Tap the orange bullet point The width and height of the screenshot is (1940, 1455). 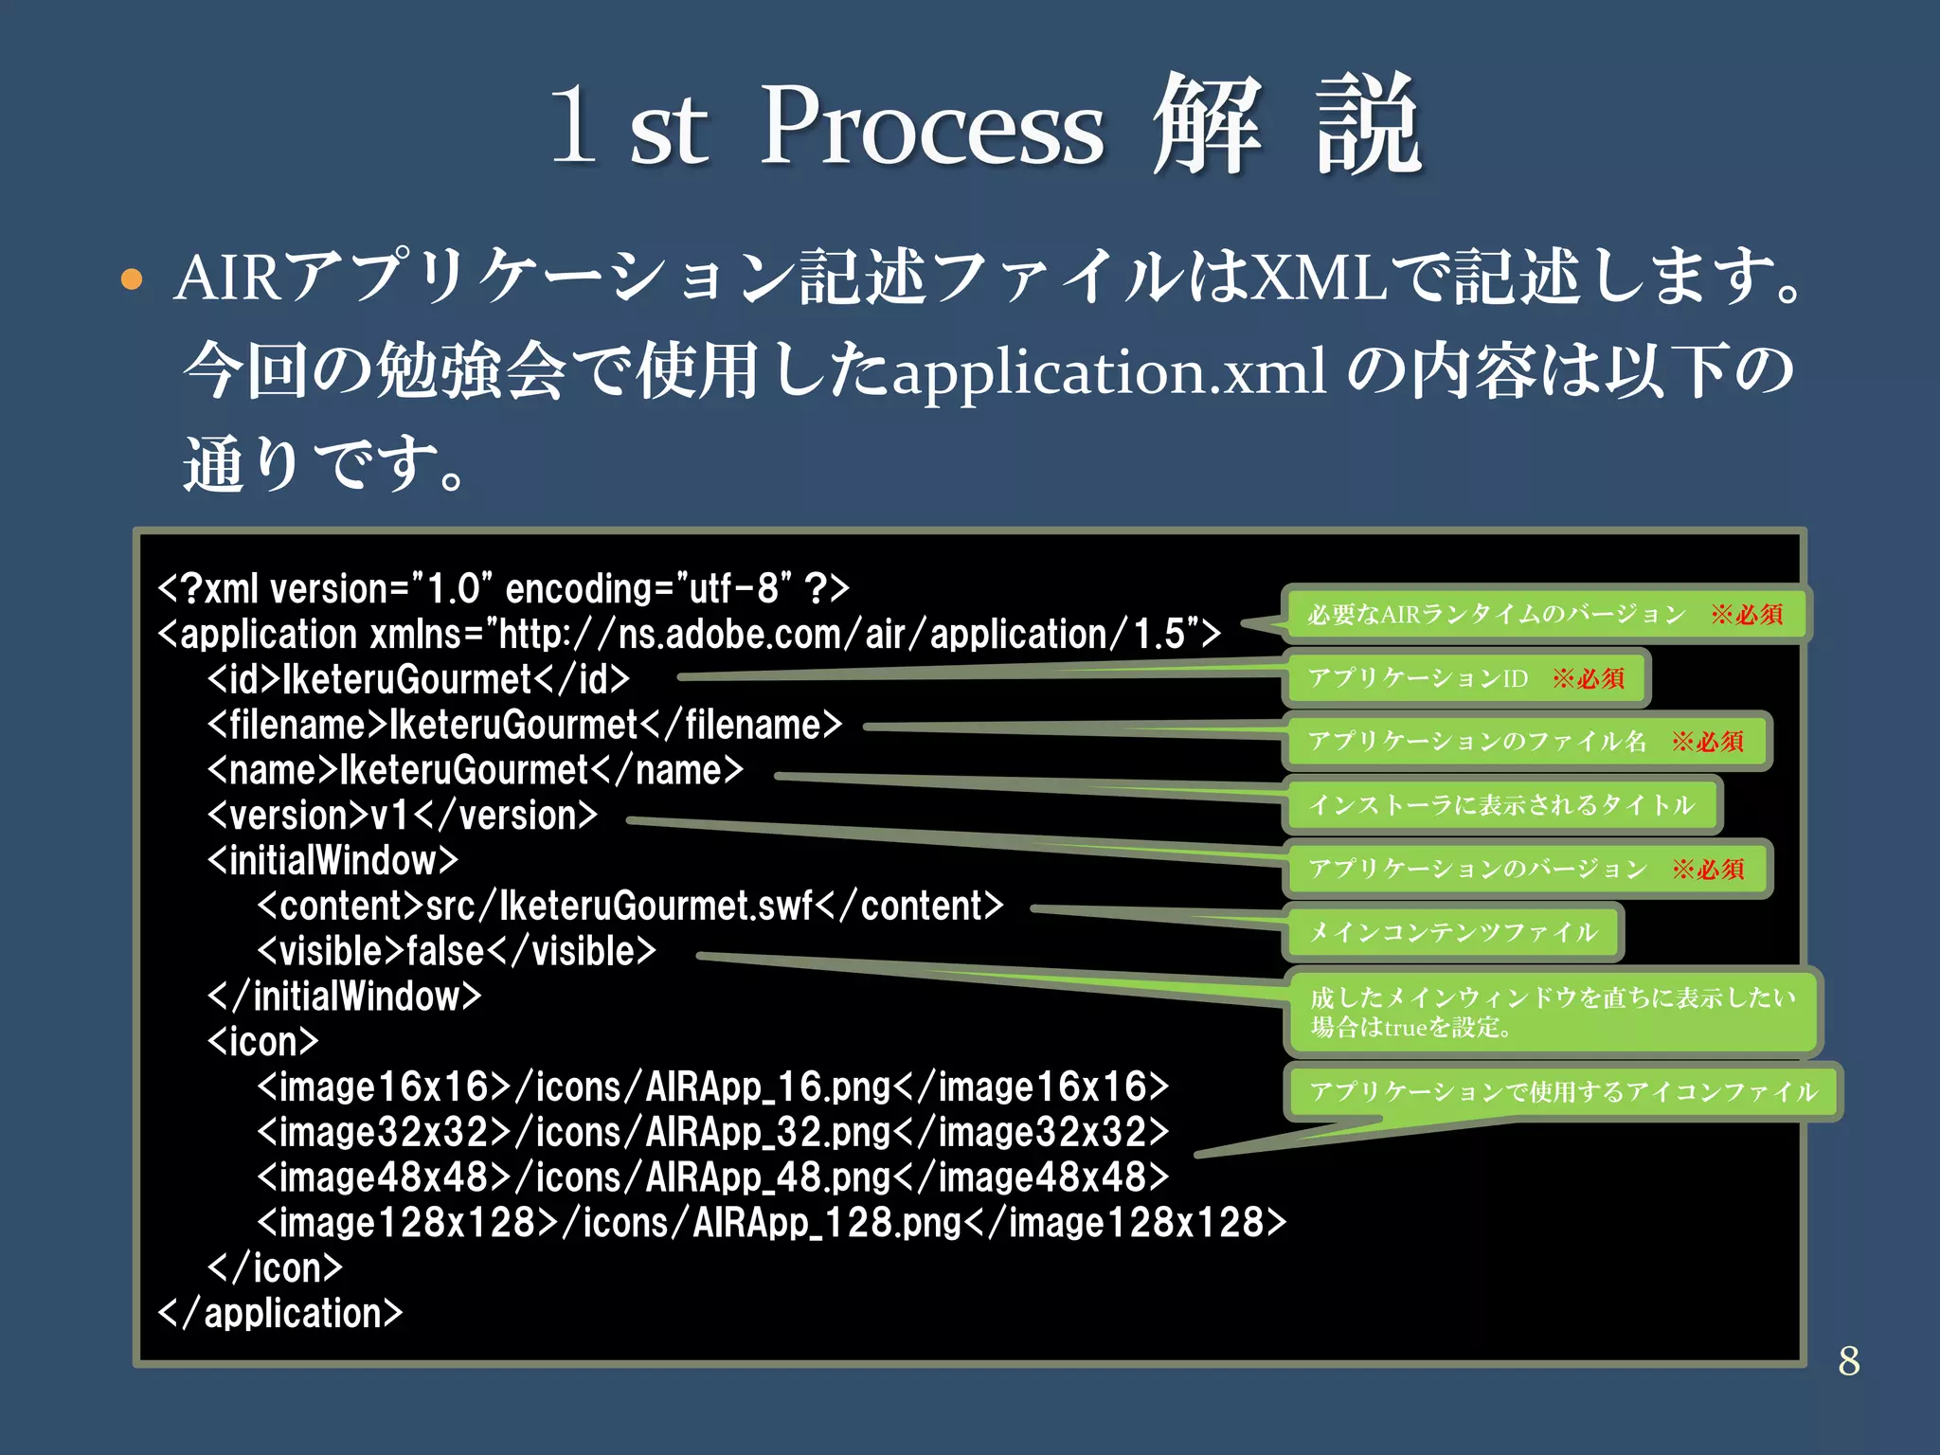point(132,280)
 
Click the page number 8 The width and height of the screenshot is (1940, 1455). point(1848,1361)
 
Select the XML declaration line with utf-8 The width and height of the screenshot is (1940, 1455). point(503,589)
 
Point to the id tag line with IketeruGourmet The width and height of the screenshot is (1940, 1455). point(418,679)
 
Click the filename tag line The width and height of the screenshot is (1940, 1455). point(524,725)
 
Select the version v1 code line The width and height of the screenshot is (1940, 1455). point(403,816)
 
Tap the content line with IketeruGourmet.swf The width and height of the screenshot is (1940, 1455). point(630,907)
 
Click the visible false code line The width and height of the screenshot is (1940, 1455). point(457,951)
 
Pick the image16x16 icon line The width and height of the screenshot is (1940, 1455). point(712,1087)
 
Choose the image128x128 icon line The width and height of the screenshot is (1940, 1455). point(771,1223)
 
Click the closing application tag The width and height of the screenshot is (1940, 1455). point(280,1314)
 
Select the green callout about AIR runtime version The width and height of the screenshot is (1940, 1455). point(1545,615)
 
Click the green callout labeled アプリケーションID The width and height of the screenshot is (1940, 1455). point(1465,678)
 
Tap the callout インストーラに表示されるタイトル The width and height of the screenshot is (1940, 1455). point(1501,805)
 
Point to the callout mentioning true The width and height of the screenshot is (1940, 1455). point(1553,1012)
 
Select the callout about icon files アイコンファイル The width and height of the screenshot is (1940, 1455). point(1563,1092)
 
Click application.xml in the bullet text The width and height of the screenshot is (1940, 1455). point(1109,373)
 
